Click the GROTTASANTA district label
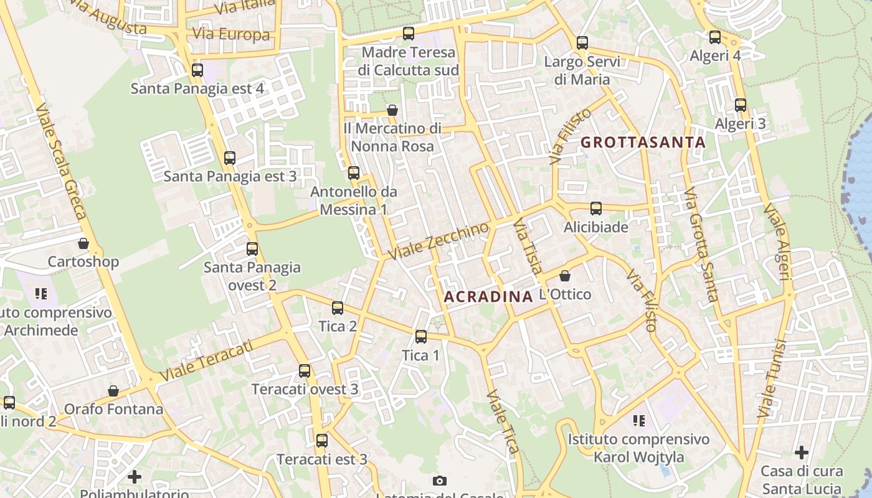(x=643, y=143)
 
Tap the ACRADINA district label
(x=488, y=296)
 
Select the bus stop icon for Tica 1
(x=421, y=337)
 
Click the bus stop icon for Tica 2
(x=338, y=308)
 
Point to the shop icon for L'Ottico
(x=565, y=275)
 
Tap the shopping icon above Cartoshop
(x=83, y=243)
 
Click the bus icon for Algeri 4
(x=715, y=37)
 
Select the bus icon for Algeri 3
(x=740, y=105)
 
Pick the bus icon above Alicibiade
(x=596, y=209)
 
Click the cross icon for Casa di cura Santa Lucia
(x=802, y=453)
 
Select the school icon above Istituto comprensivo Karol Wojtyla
(x=638, y=421)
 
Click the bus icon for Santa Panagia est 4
(x=197, y=70)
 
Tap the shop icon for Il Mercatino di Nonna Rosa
(x=392, y=110)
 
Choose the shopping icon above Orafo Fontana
(x=113, y=391)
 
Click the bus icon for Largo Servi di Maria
(x=582, y=43)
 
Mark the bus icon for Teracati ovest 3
(x=305, y=371)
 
